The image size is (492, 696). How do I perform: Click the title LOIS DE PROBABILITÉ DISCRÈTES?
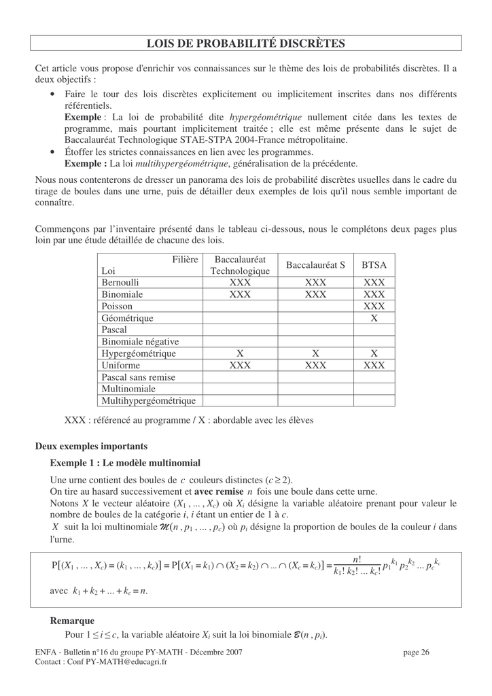(x=246, y=43)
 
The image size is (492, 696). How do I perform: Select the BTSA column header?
(x=374, y=265)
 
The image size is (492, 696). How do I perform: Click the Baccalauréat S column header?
(x=315, y=265)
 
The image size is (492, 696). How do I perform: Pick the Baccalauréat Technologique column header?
(x=240, y=265)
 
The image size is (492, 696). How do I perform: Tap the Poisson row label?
(x=117, y=306)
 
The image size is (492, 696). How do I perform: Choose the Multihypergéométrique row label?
(x=148, y=400)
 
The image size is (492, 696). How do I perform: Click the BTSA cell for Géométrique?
(x=374, y=318)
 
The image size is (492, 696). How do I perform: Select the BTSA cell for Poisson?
(x=374, y=306)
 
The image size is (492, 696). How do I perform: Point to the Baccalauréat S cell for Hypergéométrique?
(x=315, y=353)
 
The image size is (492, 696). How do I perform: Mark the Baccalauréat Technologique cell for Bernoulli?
(x=240, y=282)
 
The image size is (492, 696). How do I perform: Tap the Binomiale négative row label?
(x=140, y=341)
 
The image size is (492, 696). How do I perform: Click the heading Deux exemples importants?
(x=91, y=447)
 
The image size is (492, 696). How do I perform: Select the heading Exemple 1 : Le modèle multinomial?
(x=125, y=463)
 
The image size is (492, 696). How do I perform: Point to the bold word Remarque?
(x=72, y=621)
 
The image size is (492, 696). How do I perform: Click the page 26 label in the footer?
(x=417, y=652)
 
